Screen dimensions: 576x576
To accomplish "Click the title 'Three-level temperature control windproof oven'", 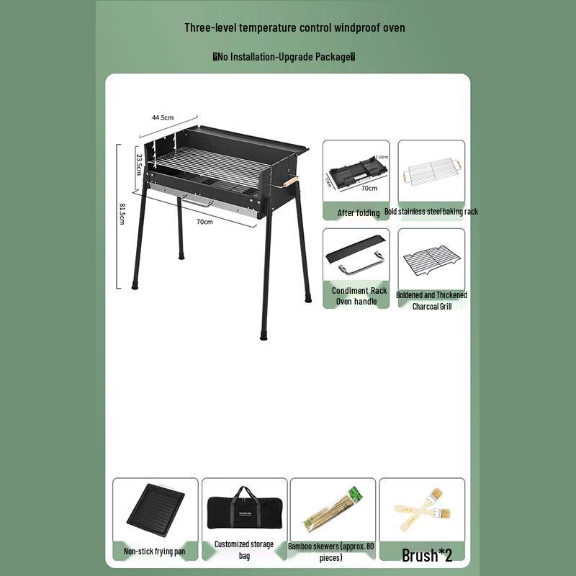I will coord(294,28).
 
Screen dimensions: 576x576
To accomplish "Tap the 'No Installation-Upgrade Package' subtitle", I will coord(284,57).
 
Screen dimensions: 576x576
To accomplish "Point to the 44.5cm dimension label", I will coord(163,117).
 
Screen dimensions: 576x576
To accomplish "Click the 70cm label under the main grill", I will coord(204,222).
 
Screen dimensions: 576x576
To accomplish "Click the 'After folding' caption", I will coord(359,213).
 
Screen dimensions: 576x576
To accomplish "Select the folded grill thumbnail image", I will coord(356,171).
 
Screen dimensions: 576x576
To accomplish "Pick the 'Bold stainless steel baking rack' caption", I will coord(431,212).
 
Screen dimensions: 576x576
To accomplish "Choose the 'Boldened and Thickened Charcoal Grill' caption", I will coord(431,300).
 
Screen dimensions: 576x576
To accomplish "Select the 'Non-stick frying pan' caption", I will coord(155,552).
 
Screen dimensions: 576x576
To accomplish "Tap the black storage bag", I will coord(244,510).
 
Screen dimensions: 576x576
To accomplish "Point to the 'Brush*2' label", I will coord(427,555).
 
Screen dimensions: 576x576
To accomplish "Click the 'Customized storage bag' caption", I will coord(244,550).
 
